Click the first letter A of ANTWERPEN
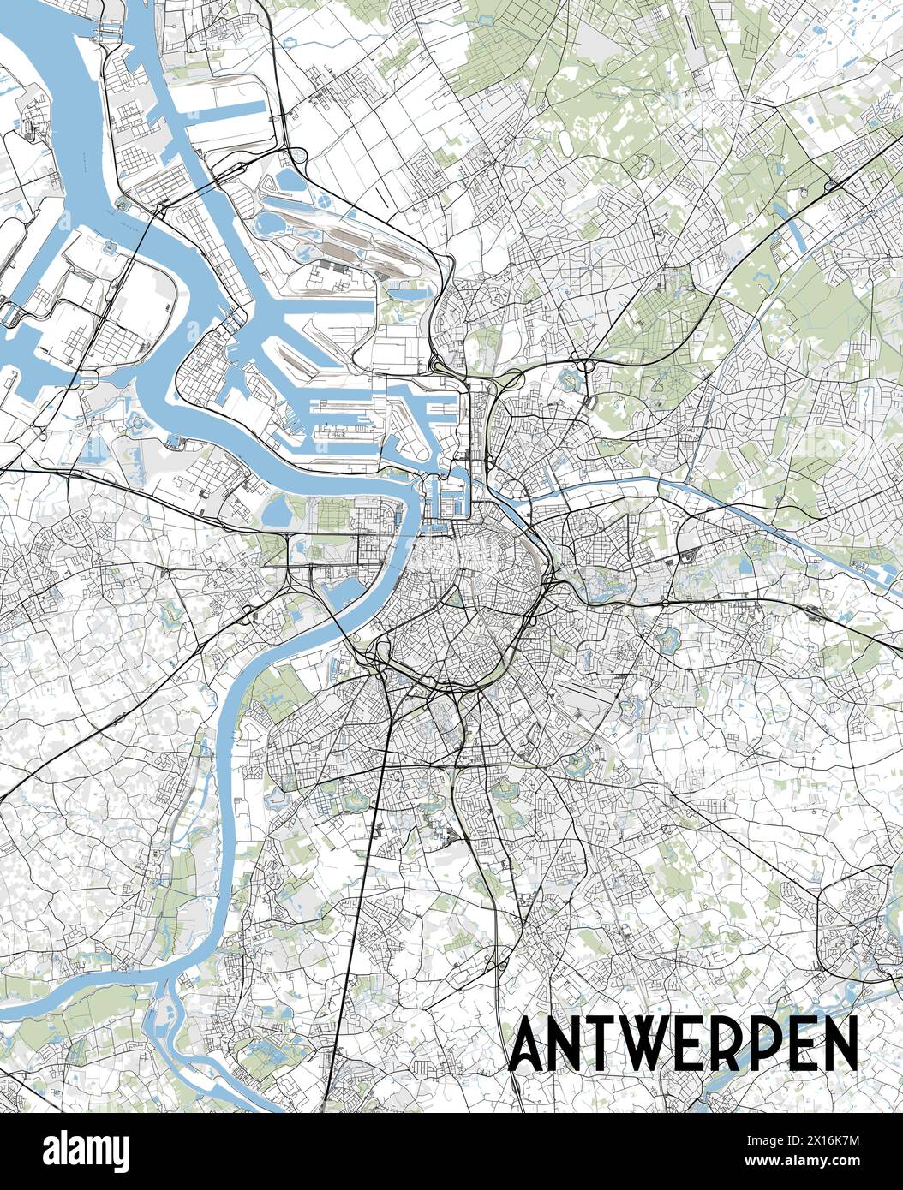(529, 1044)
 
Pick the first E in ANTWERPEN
(707, 1044)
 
